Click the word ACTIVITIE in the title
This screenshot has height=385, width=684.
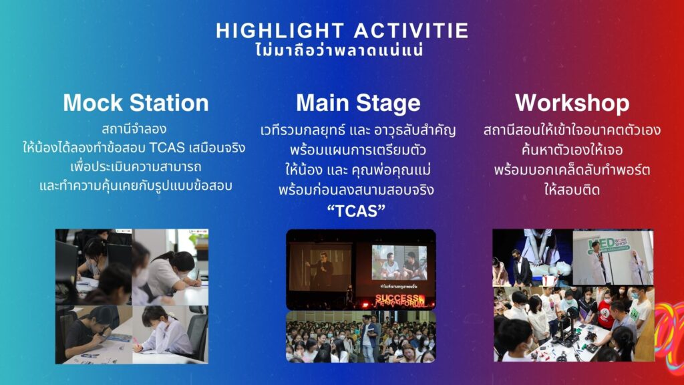[411, 31]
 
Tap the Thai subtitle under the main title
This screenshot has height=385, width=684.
[339, 50]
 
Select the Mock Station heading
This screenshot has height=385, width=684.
[136, 103]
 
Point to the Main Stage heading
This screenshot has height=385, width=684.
[358, 104]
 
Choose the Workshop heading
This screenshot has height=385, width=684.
[572, 104]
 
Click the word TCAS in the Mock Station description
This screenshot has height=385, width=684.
[167, 148]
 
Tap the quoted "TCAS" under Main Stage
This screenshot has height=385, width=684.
[357, 211]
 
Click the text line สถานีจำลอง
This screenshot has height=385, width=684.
[134, 129]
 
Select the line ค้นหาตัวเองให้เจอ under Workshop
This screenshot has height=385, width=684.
[572, 150]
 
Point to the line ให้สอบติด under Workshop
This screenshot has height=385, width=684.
[572, 189]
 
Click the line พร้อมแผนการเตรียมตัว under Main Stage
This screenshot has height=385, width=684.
[358, 150]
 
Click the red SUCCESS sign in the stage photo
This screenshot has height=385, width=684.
[400, 300]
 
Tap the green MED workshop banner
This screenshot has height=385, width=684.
[609, 246]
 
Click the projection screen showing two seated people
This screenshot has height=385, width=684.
[399, 262]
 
